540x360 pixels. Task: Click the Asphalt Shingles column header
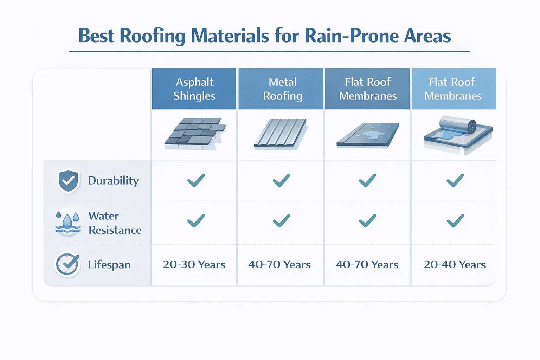[194, 89]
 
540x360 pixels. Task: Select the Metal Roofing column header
[282, 89]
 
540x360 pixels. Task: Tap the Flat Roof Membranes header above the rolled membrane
[453, 89]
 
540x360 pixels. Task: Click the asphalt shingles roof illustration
[195, 134]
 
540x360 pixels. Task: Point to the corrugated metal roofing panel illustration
[281, 134]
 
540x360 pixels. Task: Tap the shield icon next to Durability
[68, 181]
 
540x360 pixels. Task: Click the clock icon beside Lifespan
[67, 264]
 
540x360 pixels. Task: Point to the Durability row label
[113, 181]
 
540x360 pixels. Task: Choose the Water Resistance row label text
[115, 223]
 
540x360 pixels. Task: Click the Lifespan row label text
[109, 264]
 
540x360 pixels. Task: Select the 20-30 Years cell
[194, 264]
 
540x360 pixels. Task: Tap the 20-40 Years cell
[455, 264]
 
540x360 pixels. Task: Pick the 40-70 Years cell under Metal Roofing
[279, 264]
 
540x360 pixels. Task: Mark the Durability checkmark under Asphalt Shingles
[196, 180]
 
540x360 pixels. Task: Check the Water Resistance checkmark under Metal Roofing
[281, 221]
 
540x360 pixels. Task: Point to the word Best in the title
[96, 36]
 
